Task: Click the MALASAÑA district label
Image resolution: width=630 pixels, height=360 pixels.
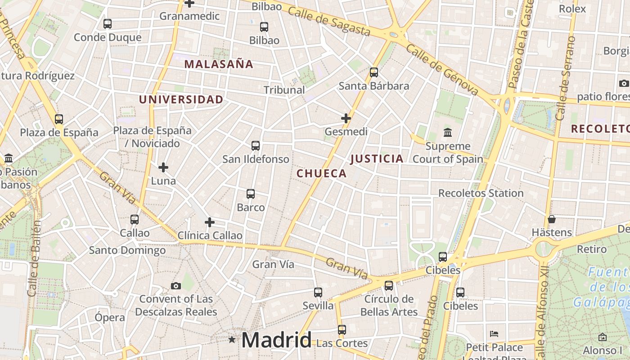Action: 219,64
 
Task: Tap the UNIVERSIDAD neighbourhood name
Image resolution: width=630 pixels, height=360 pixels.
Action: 181,99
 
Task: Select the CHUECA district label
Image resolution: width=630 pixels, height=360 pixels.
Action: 321,173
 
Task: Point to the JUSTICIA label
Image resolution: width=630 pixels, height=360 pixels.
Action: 377,158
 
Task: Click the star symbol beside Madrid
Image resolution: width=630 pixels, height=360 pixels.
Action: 232,339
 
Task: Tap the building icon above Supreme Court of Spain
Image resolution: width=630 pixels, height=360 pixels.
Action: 448,132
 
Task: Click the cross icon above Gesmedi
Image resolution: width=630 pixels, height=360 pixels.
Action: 346,118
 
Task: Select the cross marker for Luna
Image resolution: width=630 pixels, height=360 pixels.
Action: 163,167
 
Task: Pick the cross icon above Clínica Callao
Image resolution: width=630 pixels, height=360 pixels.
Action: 210,222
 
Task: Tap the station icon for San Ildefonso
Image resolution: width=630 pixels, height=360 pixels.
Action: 256,146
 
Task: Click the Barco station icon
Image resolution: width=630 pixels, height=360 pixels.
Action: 251,194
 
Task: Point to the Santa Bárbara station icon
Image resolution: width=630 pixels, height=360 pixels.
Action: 373,72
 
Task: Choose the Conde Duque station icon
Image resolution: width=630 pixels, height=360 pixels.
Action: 108,24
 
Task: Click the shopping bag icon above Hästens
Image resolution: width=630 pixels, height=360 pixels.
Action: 552,219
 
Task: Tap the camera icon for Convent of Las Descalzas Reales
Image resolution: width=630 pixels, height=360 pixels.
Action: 176,286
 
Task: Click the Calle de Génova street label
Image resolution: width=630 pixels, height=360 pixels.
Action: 442,70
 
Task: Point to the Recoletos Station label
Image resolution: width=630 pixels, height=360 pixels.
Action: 481,193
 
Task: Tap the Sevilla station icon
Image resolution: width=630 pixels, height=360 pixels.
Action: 318,292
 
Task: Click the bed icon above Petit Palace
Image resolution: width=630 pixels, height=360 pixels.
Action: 494,334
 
